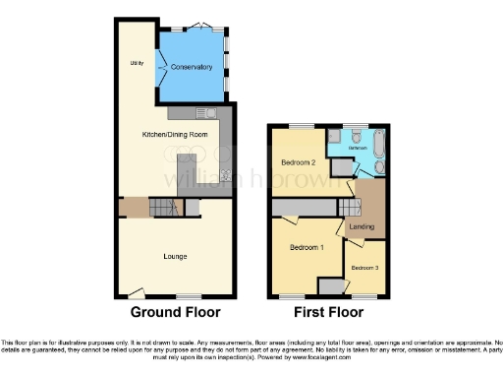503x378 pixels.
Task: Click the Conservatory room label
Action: click(x=191, y=67)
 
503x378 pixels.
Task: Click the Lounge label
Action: click(x=175, y=257)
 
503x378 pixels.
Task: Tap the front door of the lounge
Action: click(x=136, y=292)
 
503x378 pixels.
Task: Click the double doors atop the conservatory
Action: click(x=201, y=25)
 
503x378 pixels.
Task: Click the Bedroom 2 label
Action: click(x=297, y=161)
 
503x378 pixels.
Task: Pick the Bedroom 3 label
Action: click(x=364, y=267)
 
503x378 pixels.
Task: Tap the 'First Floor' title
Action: click(x=329, y=314)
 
